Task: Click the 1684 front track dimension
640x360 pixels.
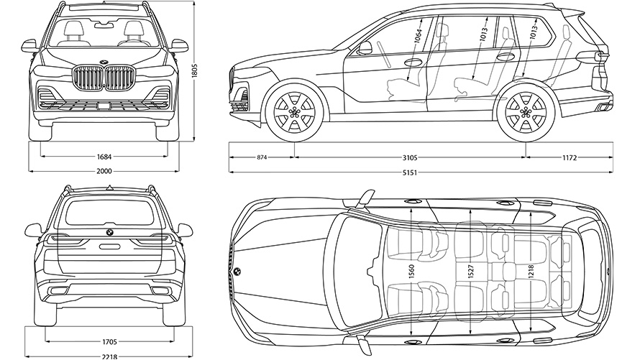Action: coord(106,156)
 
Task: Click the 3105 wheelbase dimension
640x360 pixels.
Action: coord(410,157)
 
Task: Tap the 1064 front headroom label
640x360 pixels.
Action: coord(417,35)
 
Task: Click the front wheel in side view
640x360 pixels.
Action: coord(293,113)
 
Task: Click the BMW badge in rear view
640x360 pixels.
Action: coord(109,234)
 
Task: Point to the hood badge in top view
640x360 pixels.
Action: coord(236,272)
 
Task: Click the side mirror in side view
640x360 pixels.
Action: coord(365,48)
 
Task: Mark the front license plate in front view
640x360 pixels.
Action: coord(105,107)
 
